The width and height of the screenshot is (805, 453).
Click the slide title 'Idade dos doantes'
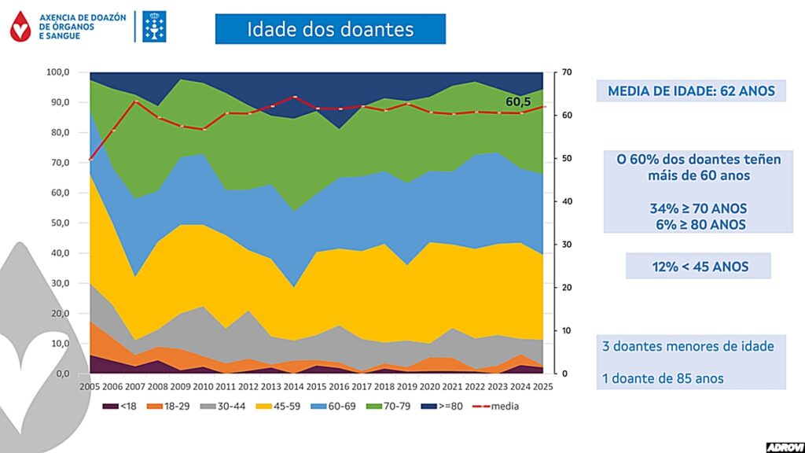coord(330,30)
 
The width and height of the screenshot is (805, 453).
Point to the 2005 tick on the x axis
coord(90,388)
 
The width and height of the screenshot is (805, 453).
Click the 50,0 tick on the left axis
coord(59,223)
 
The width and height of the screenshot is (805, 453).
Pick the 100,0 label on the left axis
coord(57,72)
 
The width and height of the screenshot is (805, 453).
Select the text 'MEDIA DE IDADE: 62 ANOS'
coord(691,91)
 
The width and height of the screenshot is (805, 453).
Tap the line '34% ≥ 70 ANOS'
coord(699,208)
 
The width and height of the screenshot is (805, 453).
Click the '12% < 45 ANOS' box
coord(698,267)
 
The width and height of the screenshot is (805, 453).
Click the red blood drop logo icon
coord(20,27)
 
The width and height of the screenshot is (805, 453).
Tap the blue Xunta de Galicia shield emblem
coord(154,27)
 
